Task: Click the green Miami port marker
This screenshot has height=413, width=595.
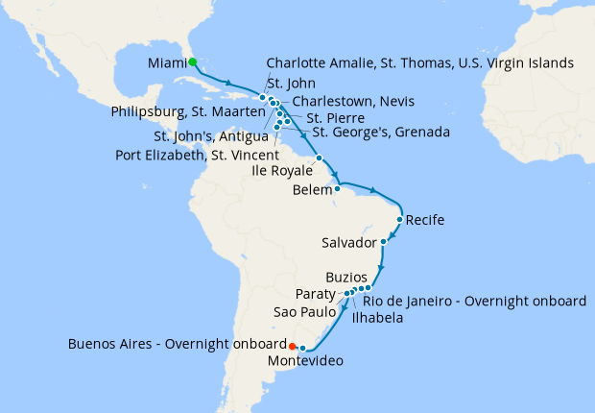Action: (192, 62)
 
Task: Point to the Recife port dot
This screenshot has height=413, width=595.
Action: (399, 220)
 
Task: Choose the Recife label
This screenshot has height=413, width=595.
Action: (425, 221)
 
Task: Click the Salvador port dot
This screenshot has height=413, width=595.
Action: (384, 241)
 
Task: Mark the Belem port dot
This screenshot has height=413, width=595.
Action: (337, 188)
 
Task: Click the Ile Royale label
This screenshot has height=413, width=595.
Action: (283, 171)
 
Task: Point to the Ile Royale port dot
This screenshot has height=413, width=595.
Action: (319, 158)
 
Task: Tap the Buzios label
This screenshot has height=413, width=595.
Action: (345, 276)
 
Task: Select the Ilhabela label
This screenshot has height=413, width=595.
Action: (377, 317)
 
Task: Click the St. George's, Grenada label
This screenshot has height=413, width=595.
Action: (381, 132)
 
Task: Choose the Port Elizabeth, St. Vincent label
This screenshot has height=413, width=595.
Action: (197, 155)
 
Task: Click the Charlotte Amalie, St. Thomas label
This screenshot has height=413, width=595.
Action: (419, 63)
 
